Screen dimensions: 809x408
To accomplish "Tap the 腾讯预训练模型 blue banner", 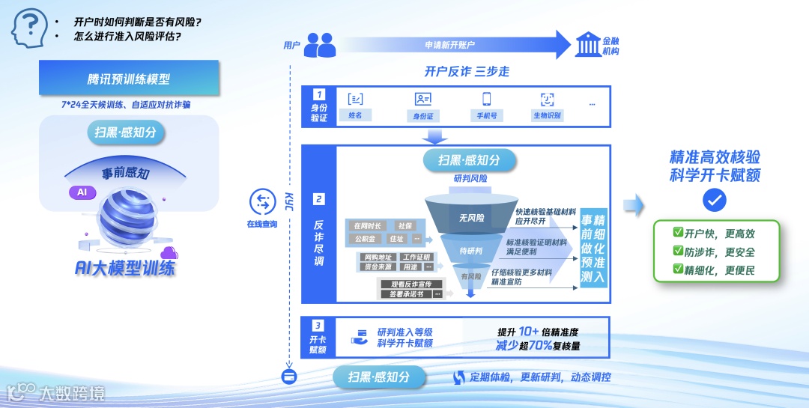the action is tap(129, 79).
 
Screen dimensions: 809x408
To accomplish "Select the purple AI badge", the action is tap(82, 192).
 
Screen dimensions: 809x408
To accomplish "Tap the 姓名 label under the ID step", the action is tap(356, 116).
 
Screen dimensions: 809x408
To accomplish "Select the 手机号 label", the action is tap(486, 116).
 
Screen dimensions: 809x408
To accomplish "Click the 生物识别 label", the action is tap(547, 116).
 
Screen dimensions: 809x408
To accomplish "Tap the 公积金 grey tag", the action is tap(366, 239).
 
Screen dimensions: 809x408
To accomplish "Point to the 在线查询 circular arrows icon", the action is tap(262, 201).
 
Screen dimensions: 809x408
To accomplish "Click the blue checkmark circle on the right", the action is tap(715, 199).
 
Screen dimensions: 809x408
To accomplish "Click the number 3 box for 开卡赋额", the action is tap(319, 326).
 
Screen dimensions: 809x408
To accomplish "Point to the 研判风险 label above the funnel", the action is tap(470, 178).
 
